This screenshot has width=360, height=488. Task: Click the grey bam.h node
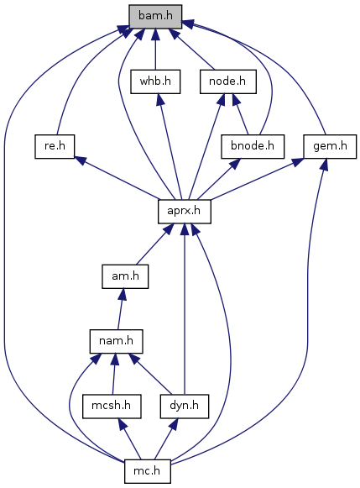155,17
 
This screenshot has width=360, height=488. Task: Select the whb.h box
155,81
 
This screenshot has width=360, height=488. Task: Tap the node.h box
228,81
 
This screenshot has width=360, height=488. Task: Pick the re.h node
55,146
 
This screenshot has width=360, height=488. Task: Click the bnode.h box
253,146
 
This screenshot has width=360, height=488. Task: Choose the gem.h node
330,146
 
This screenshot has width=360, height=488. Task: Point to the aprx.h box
185,212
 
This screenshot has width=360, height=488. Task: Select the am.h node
125,276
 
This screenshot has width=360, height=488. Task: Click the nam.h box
117,341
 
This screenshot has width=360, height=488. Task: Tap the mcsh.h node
112,407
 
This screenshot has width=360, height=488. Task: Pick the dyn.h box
185,407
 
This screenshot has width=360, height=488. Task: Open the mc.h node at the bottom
147,471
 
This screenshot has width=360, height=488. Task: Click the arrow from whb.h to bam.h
155,50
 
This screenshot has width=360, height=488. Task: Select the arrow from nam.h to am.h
121,309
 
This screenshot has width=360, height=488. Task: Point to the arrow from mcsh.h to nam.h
114,374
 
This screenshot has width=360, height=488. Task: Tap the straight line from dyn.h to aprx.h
185,309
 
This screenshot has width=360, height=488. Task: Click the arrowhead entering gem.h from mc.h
324,164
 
